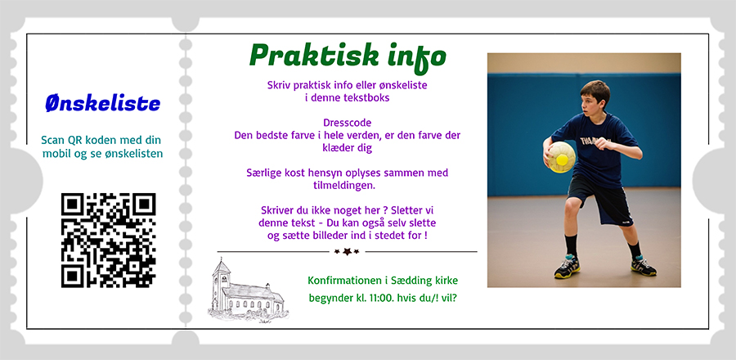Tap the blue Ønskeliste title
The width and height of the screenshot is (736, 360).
click(103, 103)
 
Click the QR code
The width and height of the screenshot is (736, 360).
click(109, 240)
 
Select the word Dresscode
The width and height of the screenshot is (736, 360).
click(348, 123)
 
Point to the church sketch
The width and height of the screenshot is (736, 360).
click(248, 291)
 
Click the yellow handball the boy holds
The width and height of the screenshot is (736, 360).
click(561, 157)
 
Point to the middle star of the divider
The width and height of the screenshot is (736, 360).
click(347, 252)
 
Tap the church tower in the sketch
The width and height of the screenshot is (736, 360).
click(221, 283)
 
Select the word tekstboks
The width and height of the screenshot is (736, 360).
click(366, 98)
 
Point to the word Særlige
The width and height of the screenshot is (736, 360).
click(263, 173)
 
